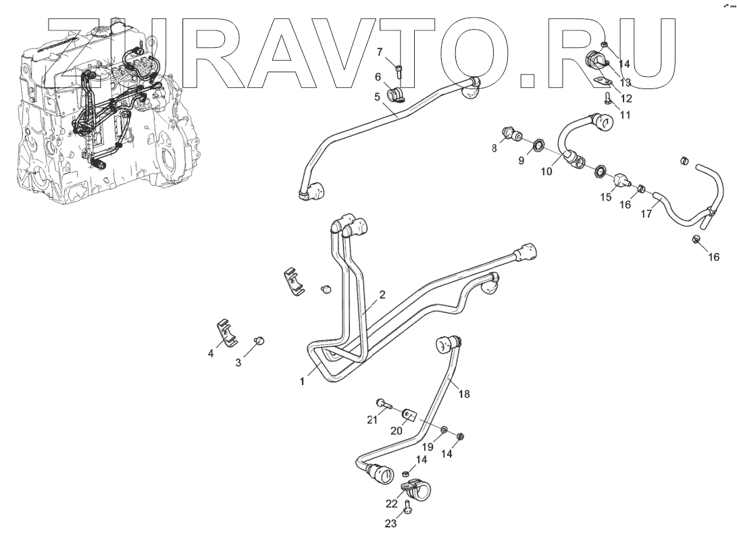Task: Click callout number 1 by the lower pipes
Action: [x=303, y=381]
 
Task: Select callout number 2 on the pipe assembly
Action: [x=382, y=295]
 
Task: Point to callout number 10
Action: [x=547, y=172]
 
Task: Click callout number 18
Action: [x=463, y=392]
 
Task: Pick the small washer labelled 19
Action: [x=443, y=430]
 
